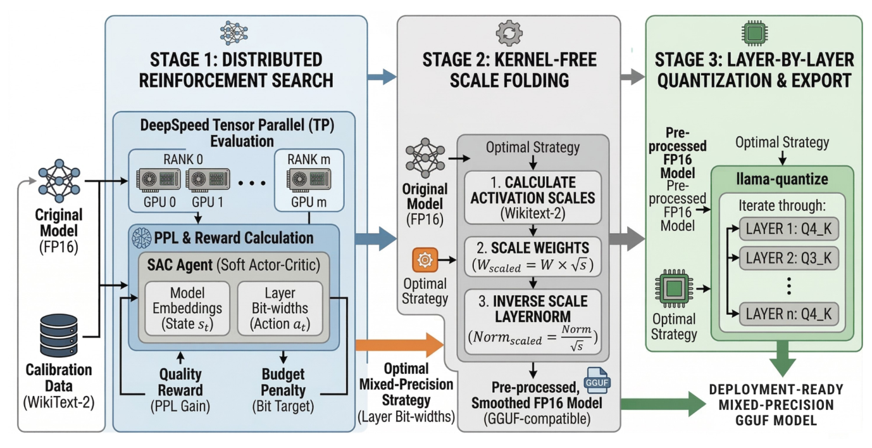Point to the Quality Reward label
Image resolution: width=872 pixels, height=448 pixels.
coord(180,381)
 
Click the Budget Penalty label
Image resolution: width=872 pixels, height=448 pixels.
coord(283,381)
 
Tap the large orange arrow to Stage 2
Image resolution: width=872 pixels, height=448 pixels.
coord(399,345)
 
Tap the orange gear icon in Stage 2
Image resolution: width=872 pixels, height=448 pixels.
coord(424,259)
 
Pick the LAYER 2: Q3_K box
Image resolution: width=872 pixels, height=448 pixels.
coord(788,259)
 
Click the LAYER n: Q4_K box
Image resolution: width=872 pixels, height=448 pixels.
coord(788,312)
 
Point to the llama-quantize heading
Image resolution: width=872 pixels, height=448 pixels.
coord(782,179)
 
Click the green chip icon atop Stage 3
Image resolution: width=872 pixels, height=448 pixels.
coord(753,32)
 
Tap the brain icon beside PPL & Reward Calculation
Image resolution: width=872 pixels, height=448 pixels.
coord(140,238)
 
